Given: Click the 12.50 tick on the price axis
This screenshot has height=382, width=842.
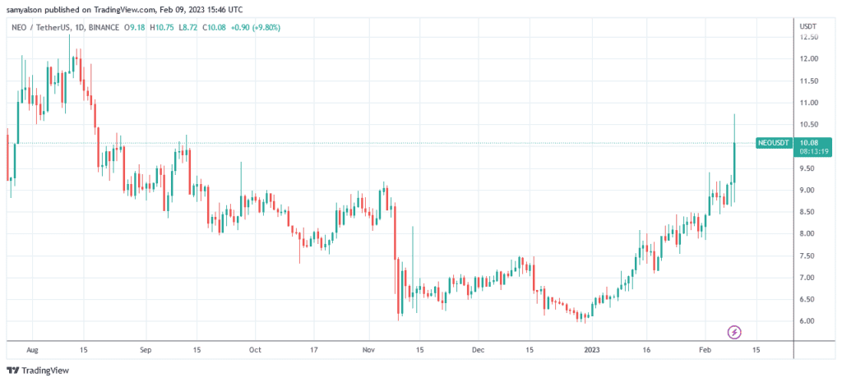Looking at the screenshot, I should point(809,37).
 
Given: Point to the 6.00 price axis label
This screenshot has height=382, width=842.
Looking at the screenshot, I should point(808,321).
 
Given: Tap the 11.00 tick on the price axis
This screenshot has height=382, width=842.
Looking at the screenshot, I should point(809,103).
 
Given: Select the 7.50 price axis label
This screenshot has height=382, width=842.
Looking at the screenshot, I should point(808,255).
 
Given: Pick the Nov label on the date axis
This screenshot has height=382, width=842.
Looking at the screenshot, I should point(368,348).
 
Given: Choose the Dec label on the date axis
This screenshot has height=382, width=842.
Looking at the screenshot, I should point(478,348).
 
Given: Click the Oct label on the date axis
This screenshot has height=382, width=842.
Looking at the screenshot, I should point(255,348).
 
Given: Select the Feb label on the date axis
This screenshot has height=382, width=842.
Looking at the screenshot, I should point(706,348).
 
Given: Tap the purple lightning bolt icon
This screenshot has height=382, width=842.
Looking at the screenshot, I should point(735,332).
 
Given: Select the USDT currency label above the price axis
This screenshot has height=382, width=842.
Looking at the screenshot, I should point(807,26).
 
